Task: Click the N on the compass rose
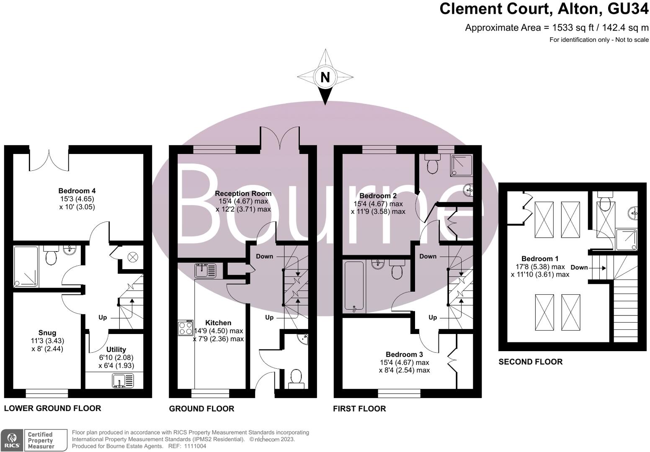click(x=325, y=77)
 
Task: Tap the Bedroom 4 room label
click(x=77, y=191)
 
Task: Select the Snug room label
click(x=47, y=333)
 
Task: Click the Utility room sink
click(x=123, y=380)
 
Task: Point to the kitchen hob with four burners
click(x=185, y=327)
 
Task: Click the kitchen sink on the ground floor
click(x=205, y=271)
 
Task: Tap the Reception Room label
click(x=243, y=193)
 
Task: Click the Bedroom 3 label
click(x=404, y=354)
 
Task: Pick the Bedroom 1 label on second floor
click(x=539, y=259)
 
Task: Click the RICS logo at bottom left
click(x=12, y=440)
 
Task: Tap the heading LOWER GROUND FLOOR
click(x=52, y=408)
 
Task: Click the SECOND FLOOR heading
click(x=530, y=362)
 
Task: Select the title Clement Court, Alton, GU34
click(x=544, y=9)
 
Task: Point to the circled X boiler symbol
click(x=132, y=257)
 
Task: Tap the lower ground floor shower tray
click(x=26, y=267)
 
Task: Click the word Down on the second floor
click(x=579, y=267)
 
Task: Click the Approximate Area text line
click(x=557, y=28)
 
